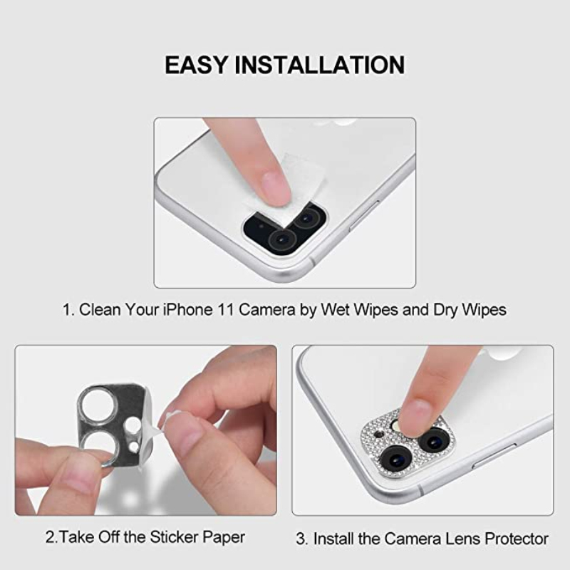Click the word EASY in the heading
[195, 65]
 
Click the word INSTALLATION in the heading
[319, 65]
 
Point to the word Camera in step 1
[267, 310]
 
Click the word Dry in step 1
[445, 310]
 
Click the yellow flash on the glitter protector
[396, 425]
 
